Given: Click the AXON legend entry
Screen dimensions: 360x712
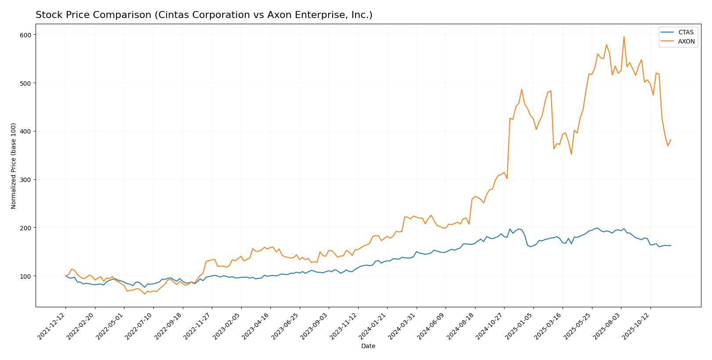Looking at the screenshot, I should tap(686, 42).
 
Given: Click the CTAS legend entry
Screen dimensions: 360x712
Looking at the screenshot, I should tap(686, 32).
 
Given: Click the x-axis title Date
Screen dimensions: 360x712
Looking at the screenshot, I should tap(368, 346).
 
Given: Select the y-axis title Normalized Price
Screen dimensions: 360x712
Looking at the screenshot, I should tap(14, 166).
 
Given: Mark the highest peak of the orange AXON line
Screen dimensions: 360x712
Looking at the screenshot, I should tap(624, 36).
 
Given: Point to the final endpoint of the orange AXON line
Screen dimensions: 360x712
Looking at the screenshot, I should tap(671, 140).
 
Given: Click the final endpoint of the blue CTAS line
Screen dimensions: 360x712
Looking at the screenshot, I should tap(671, 246).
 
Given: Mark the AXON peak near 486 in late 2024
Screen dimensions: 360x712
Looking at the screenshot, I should tap(522, 90).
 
